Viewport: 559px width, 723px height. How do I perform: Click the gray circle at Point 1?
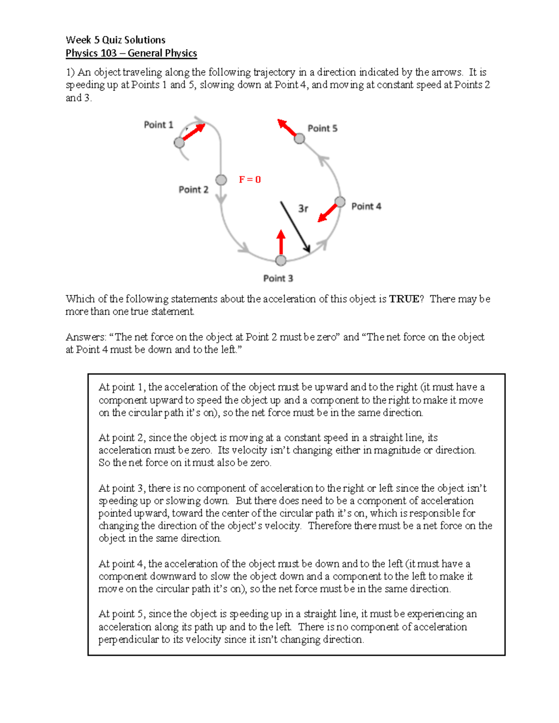179,142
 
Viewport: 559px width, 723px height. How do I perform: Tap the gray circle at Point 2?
221,180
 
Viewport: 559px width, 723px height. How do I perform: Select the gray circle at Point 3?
281,260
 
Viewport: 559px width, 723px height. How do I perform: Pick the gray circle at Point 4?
340,202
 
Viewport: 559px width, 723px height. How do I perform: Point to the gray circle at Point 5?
300,139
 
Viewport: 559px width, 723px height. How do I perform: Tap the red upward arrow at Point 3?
281,241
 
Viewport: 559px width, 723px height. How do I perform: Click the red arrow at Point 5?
287,128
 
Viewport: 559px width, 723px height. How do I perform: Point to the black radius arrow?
295,227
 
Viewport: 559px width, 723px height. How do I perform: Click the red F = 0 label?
250,180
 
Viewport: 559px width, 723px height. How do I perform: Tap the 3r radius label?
303,209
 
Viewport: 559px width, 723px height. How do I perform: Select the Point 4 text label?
366,206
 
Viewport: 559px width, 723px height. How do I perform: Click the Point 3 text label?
278,278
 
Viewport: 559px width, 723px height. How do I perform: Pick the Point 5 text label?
322,128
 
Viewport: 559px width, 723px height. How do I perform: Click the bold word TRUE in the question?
404,299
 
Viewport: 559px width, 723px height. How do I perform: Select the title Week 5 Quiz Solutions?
116,40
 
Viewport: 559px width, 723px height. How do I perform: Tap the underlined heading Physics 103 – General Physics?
131,53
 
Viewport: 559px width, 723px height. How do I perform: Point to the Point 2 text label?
193,189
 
